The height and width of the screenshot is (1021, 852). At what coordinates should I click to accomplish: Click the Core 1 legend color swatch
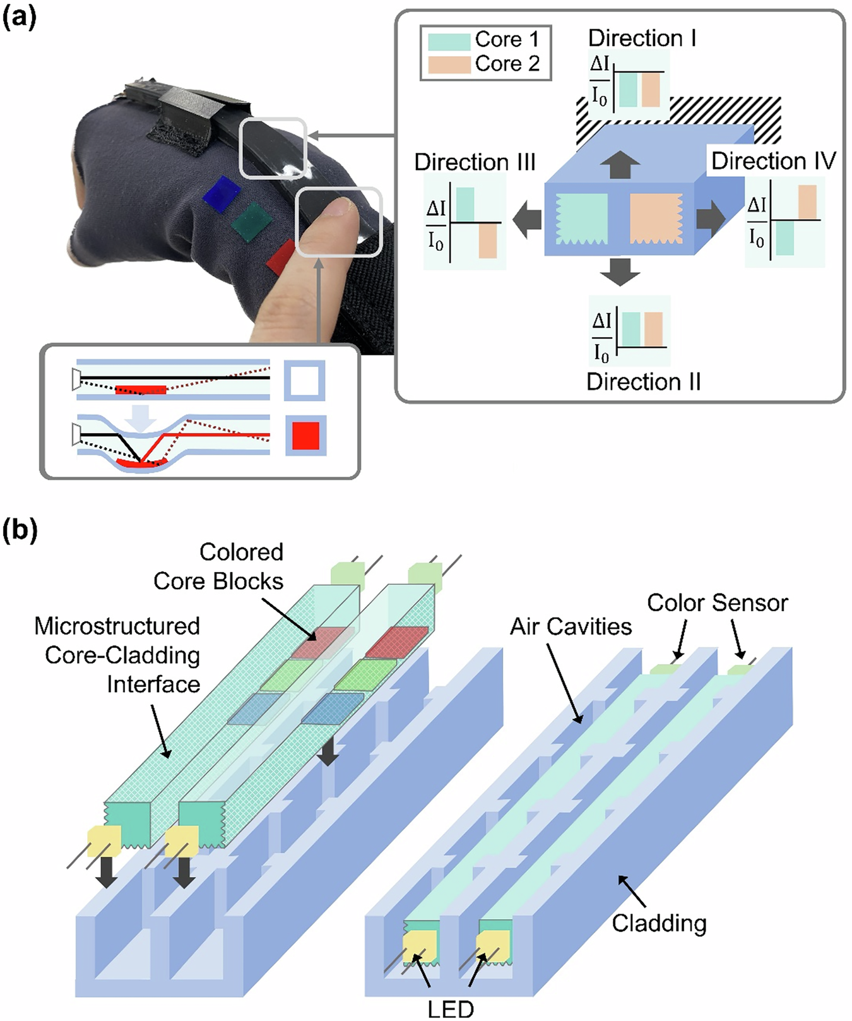click(x=449, y=41)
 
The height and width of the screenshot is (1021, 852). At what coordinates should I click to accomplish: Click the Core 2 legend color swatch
click(x=449, y=64)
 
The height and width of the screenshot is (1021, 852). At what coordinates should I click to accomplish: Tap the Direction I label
click(x=642, y=39)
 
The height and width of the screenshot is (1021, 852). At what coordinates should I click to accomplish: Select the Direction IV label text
click(x=773, y=161)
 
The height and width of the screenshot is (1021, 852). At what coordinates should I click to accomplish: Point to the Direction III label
click(x=475, y=162)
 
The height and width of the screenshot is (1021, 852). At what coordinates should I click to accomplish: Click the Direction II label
click(x=643, y=382)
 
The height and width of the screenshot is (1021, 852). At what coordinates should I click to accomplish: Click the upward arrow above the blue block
click(x=620, y=165)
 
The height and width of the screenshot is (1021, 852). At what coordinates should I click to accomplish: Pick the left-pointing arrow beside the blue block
click(x=527, y=220)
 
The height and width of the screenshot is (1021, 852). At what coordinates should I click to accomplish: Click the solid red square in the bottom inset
click(x=306, y=436)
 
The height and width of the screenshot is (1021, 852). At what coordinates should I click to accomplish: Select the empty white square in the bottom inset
click(x=305, y=380)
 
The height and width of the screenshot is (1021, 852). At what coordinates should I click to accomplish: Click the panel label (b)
click(x=20, y=530)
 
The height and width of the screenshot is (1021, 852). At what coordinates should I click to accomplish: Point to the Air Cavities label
click(x=571, y=627)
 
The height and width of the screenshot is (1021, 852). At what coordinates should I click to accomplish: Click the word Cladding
click(x=659, y=923)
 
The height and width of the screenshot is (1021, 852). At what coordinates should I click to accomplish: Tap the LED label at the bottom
click(x=450, y=1009)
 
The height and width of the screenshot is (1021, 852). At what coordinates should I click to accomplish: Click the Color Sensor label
click(x=717, y=603)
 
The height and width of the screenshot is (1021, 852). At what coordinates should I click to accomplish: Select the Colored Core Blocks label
click(x=218, y=566)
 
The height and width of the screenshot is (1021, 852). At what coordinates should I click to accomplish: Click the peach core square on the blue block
click(x=656, y=218)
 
